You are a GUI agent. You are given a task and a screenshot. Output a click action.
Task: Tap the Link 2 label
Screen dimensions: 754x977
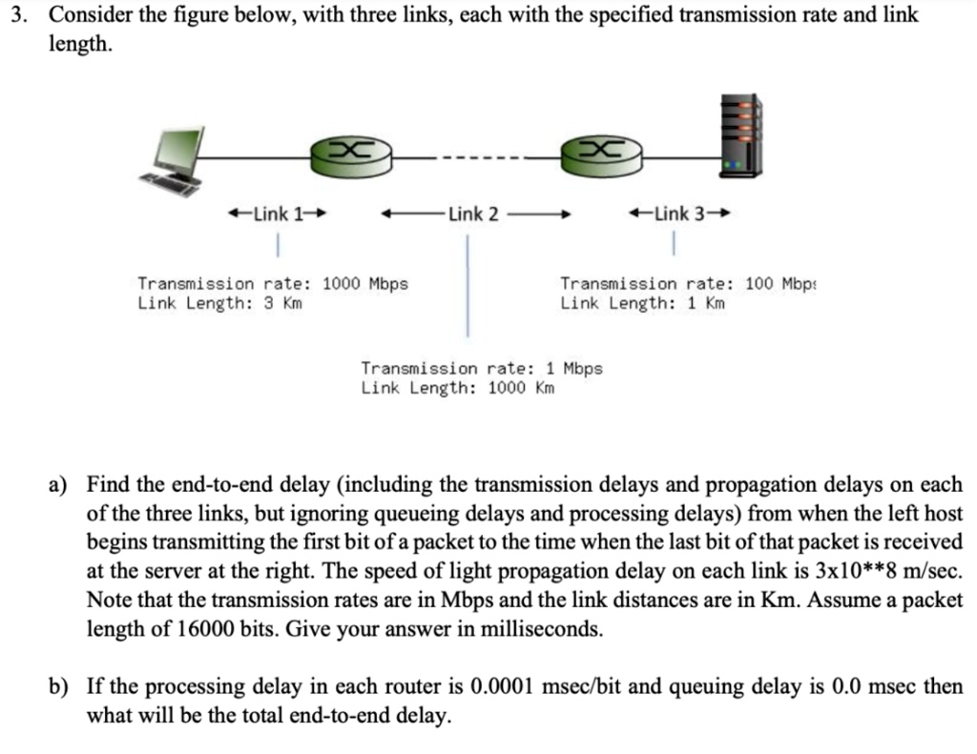click(474, 214)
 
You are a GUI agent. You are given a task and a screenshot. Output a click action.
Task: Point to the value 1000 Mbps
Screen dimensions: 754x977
click(365, 284)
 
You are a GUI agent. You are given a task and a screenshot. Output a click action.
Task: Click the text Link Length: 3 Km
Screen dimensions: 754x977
click(219, 304)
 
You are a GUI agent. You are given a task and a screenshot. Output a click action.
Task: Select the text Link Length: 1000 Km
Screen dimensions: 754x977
click(458, 388)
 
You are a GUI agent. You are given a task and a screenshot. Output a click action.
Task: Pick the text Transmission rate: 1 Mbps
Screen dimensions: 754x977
click(482, 368)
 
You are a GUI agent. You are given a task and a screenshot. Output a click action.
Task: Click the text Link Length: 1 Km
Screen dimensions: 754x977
click(642, 304)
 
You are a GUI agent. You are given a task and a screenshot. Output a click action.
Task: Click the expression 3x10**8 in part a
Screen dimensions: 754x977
click(849, 572)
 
